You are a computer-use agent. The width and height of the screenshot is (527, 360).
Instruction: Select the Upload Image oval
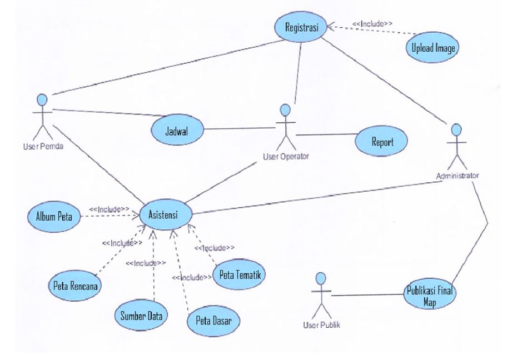click(434, 48)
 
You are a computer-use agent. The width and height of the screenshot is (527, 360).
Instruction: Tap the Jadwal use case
click(176, 130)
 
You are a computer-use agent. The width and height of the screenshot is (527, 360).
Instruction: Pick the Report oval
click(382, 142)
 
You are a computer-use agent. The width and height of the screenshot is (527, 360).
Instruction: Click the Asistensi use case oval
click(163, 214)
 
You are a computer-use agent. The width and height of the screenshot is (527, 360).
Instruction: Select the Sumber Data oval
click(142, 316)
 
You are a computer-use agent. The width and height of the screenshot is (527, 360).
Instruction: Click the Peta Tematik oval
click(240, 274)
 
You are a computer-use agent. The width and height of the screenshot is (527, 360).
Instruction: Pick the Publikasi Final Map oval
click(431, 295)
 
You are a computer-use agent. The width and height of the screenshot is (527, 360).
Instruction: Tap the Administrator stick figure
click(457, 146)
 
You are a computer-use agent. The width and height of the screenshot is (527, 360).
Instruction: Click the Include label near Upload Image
click(372, 23)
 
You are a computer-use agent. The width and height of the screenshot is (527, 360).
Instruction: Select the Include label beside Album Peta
click(110, 209)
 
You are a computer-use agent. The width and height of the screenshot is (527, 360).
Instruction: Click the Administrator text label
click(458, 176)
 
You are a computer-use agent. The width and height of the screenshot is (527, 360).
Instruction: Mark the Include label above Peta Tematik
click(215, 248)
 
